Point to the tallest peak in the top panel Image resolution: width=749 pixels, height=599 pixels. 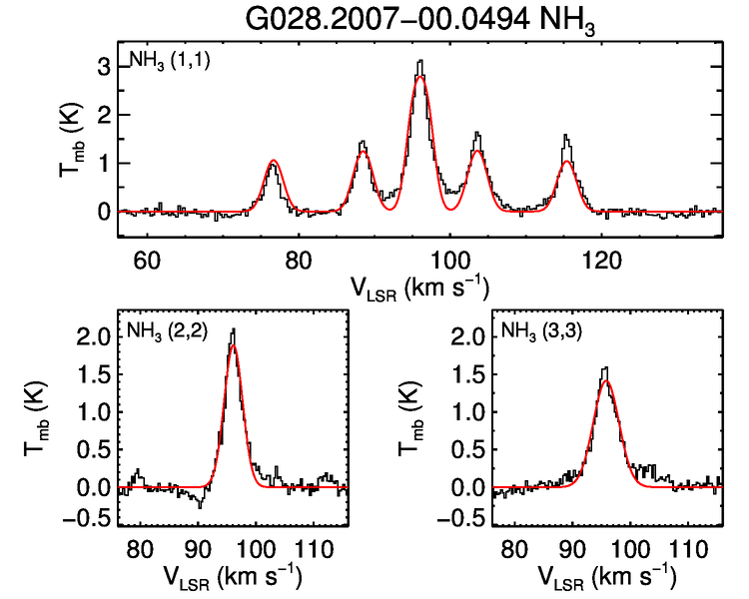point(420,62)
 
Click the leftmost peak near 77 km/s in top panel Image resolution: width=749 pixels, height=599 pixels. point(273,161)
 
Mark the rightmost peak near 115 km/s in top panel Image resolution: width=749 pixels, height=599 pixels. point(566,136)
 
